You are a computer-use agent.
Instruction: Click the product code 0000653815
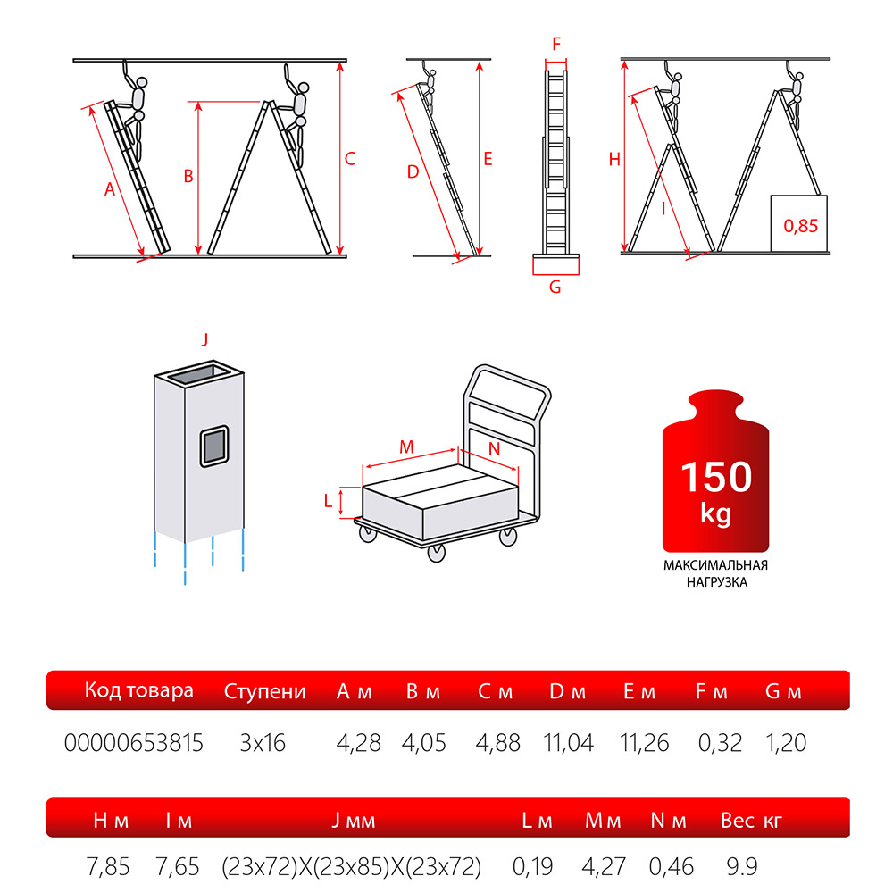133,743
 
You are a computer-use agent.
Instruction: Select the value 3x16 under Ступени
262,743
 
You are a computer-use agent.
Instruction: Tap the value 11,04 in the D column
568,743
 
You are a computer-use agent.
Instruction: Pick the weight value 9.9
742,866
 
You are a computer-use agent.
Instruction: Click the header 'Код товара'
139,689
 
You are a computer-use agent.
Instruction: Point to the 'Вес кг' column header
751,820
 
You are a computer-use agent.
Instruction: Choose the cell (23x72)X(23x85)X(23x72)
351,867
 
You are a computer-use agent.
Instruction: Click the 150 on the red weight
716,477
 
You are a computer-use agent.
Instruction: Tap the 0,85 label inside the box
800,226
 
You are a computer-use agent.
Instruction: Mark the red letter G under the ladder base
555,287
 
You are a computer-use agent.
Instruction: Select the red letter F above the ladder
556,43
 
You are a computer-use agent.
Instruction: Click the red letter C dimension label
350,159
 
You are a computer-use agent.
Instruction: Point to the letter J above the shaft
204,339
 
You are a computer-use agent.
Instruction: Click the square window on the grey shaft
214,446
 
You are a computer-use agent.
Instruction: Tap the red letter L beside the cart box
328,501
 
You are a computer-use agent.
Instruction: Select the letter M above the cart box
406,447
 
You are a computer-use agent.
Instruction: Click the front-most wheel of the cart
437,552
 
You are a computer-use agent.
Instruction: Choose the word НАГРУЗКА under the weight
716,582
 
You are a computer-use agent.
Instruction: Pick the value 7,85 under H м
108,867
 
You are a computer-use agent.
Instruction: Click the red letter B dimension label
188,177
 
